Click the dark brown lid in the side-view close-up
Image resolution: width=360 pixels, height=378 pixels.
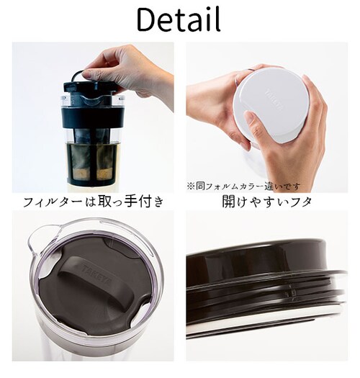pyautogui.click(x=266, y=259)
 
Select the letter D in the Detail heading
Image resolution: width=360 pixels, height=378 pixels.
pyautogui.click(x=148, y=21)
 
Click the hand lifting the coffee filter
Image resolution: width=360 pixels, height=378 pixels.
pyautogui.click(x=133, y=68)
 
